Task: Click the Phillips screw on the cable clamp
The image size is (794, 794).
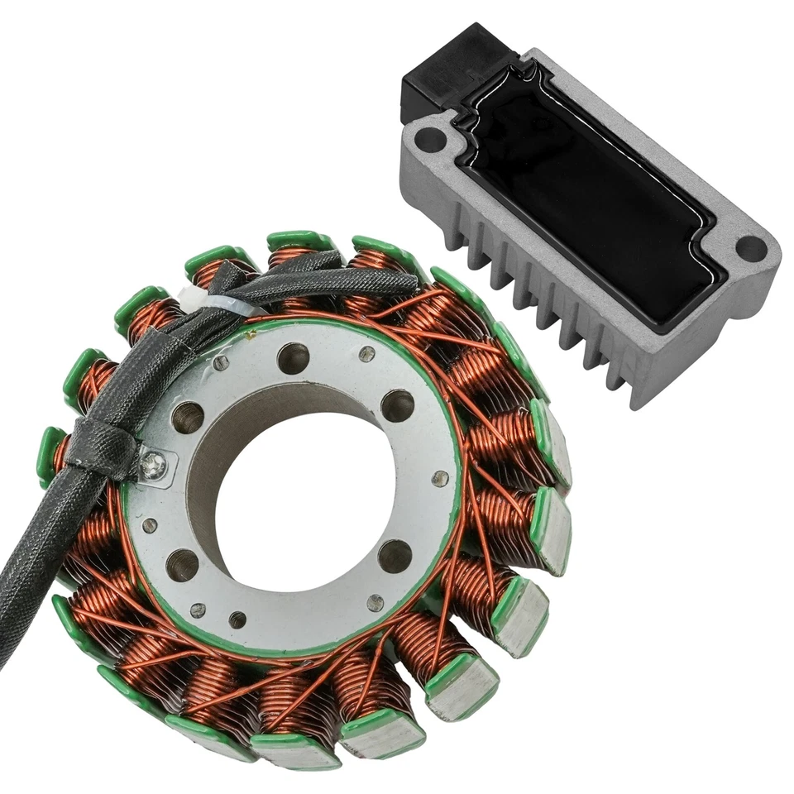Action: coord(153,465)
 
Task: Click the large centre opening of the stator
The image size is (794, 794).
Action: coord(306,496)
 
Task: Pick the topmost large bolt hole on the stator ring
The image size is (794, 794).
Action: coord(293,358)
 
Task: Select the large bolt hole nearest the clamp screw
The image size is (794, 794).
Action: coord(188,417)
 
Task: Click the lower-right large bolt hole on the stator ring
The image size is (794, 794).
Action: coord(395,556)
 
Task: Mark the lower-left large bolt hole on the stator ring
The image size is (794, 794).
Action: coord(182,565)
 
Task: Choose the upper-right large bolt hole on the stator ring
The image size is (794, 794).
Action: coord(397,405)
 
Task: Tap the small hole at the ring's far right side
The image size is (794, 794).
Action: coord(441,478)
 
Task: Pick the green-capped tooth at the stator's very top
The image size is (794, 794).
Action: coord(299,242)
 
